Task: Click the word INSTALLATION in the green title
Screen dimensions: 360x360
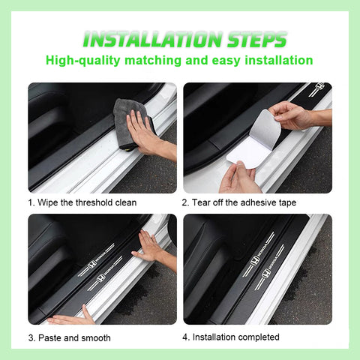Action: pyautogui.click(x=152, y=40)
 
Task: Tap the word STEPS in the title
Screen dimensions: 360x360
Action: pyautogui.click(x=256, y=40)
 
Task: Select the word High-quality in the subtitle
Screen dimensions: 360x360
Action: pyautogui.click(x=83, y=61)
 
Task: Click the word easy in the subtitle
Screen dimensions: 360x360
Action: pyautogui.click(x=226, y=61)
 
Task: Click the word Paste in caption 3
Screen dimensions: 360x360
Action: pyautogui.click(x=49, y=338)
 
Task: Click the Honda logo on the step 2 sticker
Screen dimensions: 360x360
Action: pyautogui.click(x=319, y=87)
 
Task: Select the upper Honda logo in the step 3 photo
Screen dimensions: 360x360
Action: pyautogui.click(x=92, y=264)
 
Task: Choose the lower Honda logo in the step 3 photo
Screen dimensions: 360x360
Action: pyautogui.click(x=100, y=277)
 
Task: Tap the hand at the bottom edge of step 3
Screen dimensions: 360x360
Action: pyautogui.click(x=69, y=317)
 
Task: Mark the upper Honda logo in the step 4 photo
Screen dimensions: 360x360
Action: pyautogui.click(x=255, y=260)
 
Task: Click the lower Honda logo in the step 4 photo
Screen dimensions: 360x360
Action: pyautogui.click(x=266, y=274)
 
